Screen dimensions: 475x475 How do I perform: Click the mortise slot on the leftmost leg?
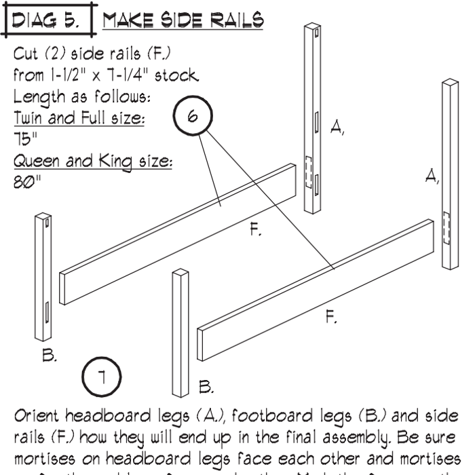point(46,312)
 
